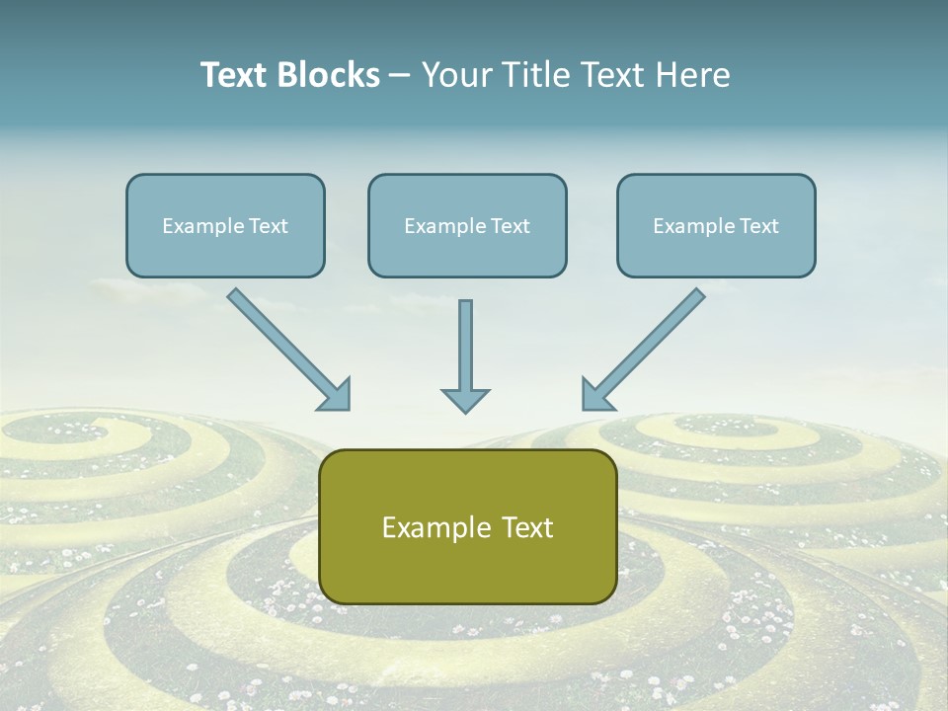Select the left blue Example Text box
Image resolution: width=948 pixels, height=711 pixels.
pyautogui.click(x=225, y=225)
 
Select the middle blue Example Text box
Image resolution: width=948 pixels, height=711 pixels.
pyautogui.click(x=467, y=225)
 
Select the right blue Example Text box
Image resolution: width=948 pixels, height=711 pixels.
pyautogui.click(x=716, y=225)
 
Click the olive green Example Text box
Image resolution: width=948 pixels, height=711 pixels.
pyautogui.click(x=467, y=526)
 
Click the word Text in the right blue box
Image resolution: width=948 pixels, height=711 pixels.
pyautogui.click(x=758, y=225)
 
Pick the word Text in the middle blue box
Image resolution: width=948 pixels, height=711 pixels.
pyautogui.click(x=510, y=225)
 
